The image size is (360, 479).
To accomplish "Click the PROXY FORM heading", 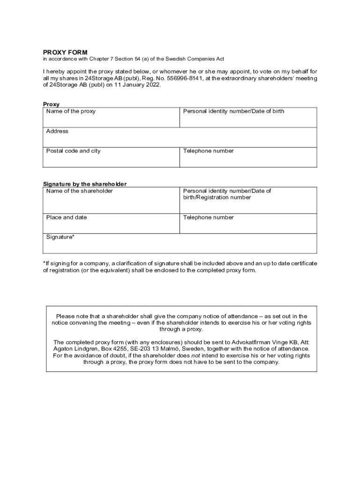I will coord(65,52).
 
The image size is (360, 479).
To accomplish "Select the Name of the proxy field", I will coord(111,117).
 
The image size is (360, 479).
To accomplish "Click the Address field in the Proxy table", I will coord(180,137).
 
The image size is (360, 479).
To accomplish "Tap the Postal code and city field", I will coord(111,157).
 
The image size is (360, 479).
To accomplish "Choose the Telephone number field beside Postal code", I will coord(248,157).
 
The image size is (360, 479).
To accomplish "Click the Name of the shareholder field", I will coord(111,200).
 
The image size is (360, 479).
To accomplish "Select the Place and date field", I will coord(111,224).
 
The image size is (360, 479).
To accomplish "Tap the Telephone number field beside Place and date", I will coord(248,224).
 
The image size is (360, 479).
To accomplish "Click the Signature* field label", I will coord(60,237).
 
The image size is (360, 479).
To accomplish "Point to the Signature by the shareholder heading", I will coord(85,184).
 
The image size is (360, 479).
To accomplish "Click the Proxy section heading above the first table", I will coord(51,104).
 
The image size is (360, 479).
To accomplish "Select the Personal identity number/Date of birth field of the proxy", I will coord(248,117).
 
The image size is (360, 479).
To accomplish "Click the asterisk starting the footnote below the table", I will coord(44,263).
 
